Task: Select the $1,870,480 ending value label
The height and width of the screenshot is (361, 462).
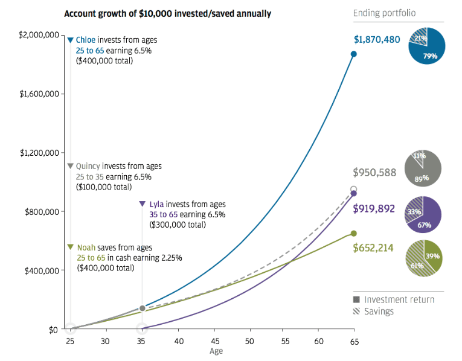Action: pos(377,40)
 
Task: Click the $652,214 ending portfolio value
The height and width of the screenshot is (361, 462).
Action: pos(375,247)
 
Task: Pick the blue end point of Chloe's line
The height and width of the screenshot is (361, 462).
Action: pos(354,54)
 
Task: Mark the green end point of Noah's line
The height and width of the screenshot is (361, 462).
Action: pos(354,234)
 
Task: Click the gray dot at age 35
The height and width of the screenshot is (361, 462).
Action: pos(143,308)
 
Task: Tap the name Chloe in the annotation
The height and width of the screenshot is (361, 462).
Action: pos(87,40)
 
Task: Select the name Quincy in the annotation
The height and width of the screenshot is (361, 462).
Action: pos(88,166)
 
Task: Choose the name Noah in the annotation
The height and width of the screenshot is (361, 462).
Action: pos(88,248)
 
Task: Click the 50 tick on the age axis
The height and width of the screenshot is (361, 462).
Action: pos(248,342)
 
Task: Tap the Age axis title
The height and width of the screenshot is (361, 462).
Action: pos(216,351)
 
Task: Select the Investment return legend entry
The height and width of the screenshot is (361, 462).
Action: pos(399,299)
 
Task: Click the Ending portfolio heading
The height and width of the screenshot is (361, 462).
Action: pos(384,13)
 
